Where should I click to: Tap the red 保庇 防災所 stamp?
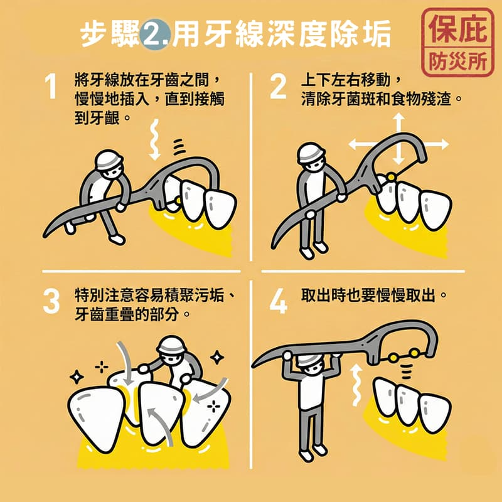[458, 42]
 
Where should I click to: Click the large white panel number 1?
[51, 87]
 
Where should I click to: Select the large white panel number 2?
[278, 87]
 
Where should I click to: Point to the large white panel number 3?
[51, 302]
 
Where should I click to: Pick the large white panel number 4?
[278, 302]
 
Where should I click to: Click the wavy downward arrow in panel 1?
[154, 139]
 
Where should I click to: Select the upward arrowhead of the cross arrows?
[398, 118]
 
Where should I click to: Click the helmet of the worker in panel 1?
[109, 159]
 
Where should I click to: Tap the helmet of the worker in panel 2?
[310, 152]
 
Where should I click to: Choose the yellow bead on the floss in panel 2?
[391, 177]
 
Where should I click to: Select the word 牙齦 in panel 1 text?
[97, 118]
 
